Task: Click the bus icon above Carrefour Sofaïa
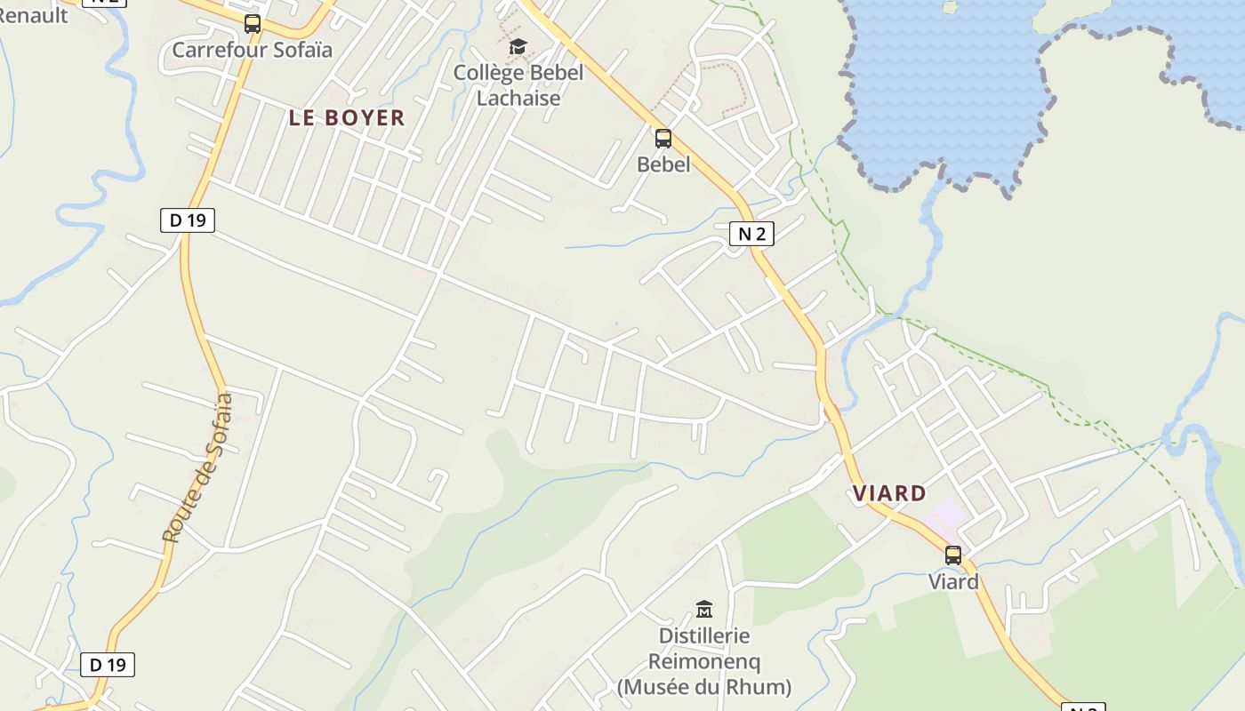(x=253, y=24)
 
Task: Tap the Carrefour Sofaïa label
(x=252, y=50)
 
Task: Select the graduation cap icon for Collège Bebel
(x=518, y=46)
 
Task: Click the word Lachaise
(x=518, y=98)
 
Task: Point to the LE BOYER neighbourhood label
(x=347, y=117)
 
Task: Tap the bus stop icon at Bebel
(x=663, y=139)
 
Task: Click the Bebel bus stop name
(x=663, y=164)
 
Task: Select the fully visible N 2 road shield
(x=751, y=234)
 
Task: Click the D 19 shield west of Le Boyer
(x=188, y=220)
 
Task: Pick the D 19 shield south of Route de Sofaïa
(x=108, y=665)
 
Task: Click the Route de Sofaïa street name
(x=197, y=467)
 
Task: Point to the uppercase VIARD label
(x=889, y=493)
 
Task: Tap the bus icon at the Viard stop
(x=953, y=555)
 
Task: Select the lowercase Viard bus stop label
(x=953, y=582)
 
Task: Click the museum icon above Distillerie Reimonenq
(x=704, y=610)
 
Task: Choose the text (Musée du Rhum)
(x=704, y=687)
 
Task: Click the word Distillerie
(x=704, y=636)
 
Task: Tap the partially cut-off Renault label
(x=34, y=14)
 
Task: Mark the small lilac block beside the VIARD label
(x=946, y=514)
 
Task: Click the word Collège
(x=488, y=73)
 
